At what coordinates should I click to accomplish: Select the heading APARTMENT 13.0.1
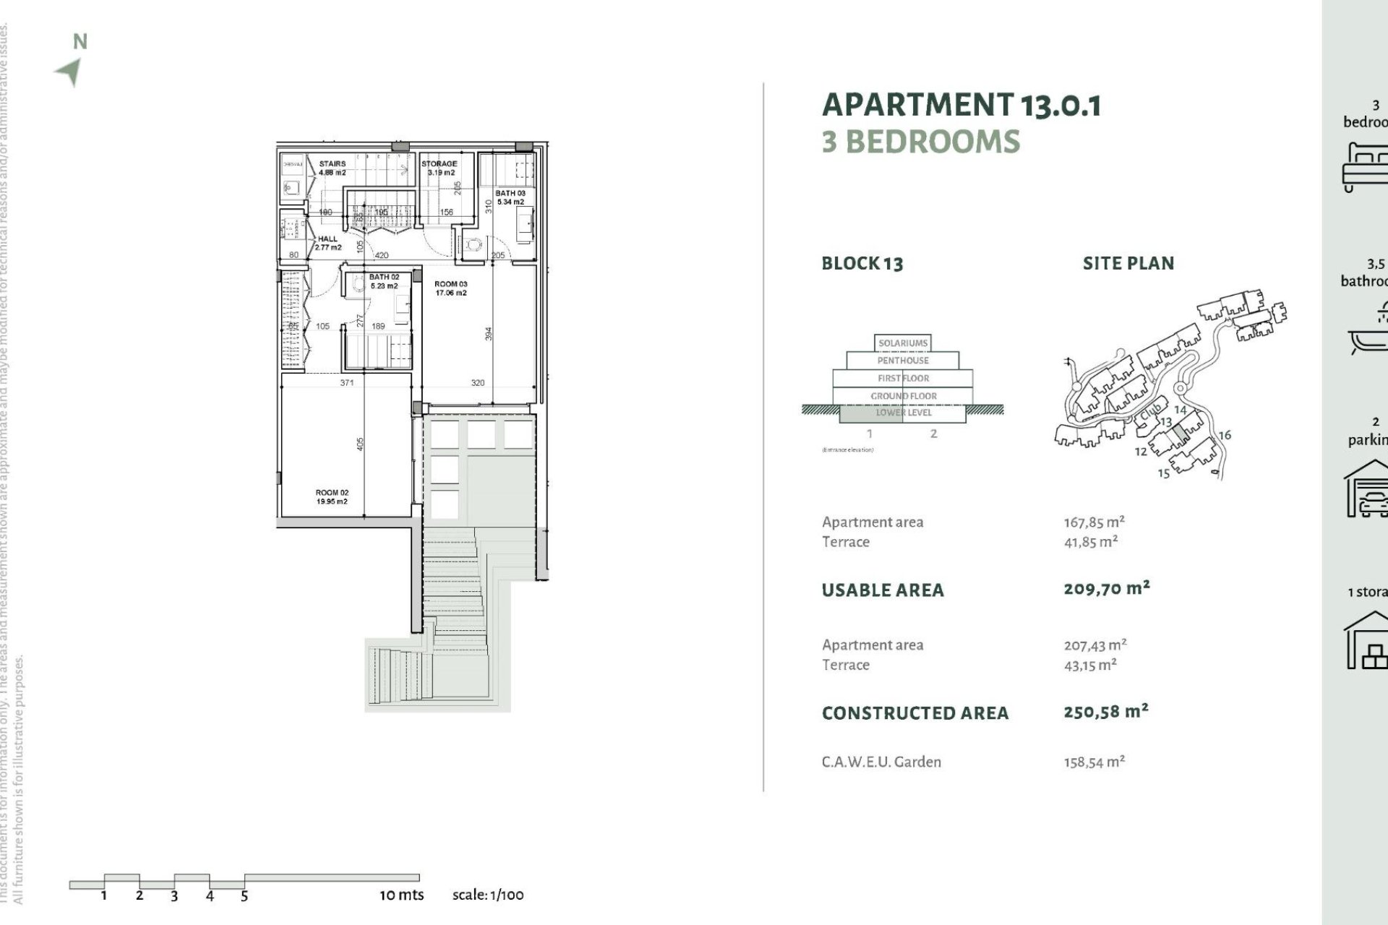coord(961,105)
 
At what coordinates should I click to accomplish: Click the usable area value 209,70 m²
coord(1106,588)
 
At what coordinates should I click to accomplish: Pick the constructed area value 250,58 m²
coord(1106,711)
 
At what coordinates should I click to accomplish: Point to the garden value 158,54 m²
coord(1094,762)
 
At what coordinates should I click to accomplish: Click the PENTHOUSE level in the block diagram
coord(903,361)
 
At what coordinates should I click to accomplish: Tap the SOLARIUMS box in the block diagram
coord(903,343)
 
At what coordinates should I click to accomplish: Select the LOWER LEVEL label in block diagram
coord(904,413)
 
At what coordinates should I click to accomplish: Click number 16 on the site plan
coord(1225,435)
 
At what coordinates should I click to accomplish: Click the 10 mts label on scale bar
coord(401,895)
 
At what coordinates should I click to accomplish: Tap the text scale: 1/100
coord(488,895)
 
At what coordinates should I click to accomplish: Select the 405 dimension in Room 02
coord(361,443)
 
